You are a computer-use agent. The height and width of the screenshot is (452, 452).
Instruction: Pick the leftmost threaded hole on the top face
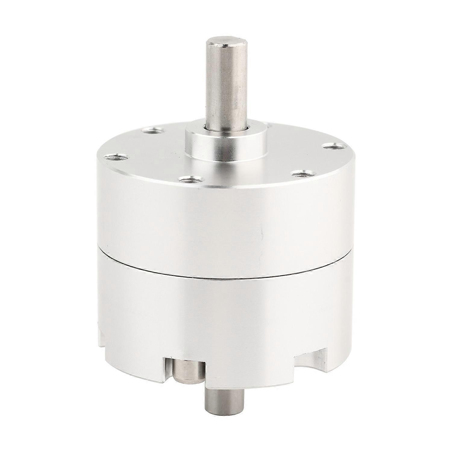coord(117,157)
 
